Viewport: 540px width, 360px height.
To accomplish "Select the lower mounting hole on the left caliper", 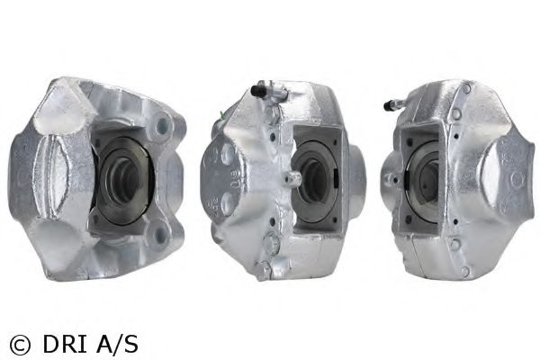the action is pos(160,235).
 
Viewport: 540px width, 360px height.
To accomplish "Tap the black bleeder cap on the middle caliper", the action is pos(257,91).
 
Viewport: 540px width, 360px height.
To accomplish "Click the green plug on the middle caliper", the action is pos(222,116).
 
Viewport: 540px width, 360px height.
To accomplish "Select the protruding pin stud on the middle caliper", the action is pos(292,178).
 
